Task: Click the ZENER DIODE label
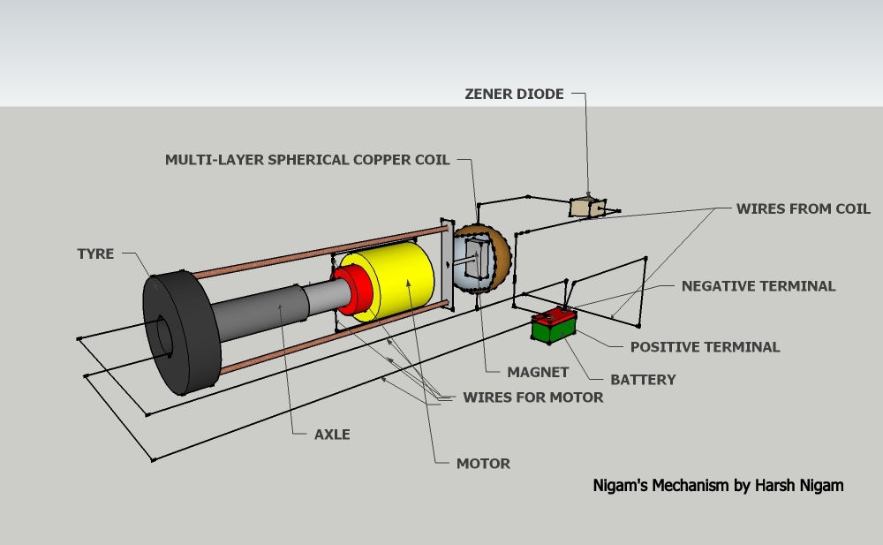(x=514, y=94)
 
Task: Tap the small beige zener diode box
(x=587, y=207)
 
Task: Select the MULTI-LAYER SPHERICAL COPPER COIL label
(x=307, y=160)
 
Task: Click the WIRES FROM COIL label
(x=803, y=209)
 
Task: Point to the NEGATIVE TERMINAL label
(x=758, y=286)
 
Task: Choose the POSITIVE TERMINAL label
(x=705, y=347)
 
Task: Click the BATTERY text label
(x=643, y=380)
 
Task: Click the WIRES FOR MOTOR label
(x=532, y=397)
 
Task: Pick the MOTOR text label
(x=483, y=463)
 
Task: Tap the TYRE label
(x=95, y=254)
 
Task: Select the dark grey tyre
(x=181, y=331)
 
